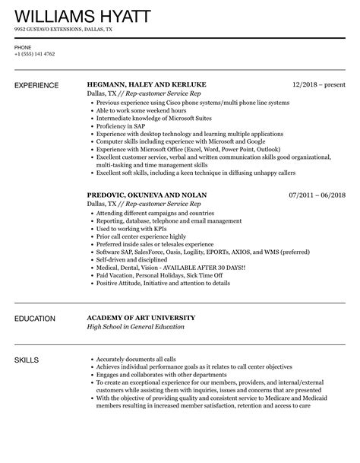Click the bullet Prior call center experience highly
coord(144,236)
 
